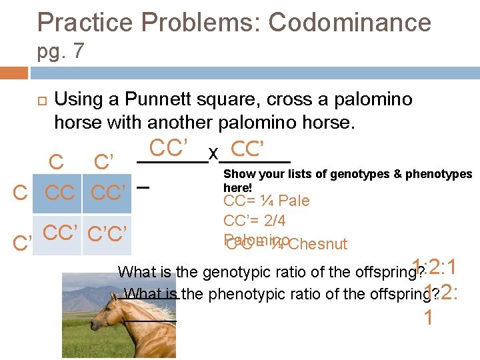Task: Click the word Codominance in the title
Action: pyautogui.click(x=349, y=23)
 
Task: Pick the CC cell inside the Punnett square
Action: pyautogui.click(x=59, y=193)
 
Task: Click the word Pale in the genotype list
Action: pyautogui.click(x=294, y=201)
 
